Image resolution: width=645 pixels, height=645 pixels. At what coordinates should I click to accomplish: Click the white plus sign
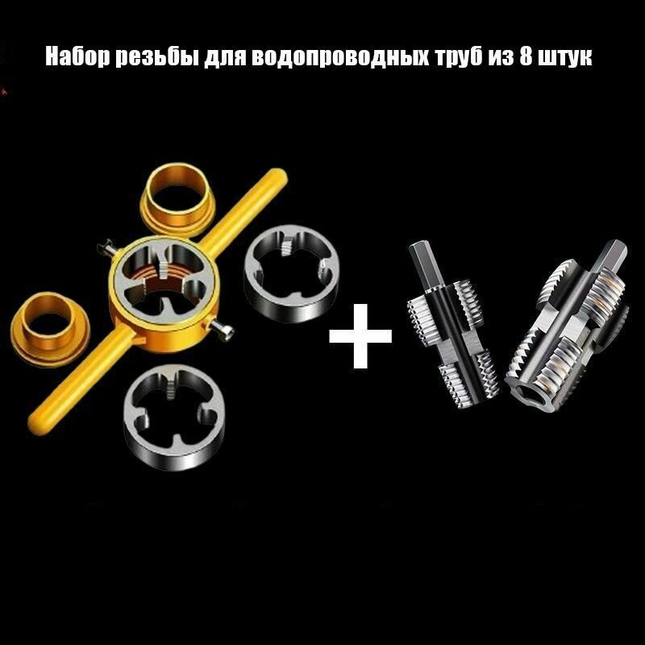pyautogui.click(x=360, y=333)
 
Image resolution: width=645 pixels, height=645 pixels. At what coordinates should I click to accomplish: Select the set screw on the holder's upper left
pyautogui.click(x=104, y=245)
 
